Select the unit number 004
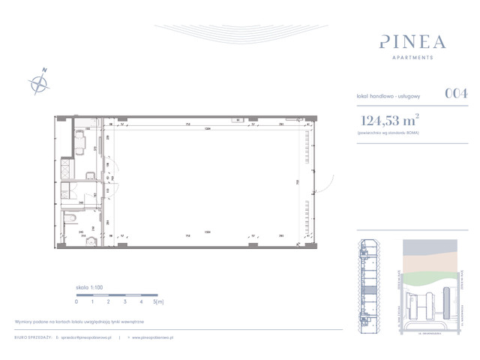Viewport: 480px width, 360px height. tap(457, 94)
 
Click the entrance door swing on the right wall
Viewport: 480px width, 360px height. tap(326, 182)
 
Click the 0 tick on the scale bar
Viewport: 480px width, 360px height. tap(76, 301)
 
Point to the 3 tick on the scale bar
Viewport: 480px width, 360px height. tap(124, 301)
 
